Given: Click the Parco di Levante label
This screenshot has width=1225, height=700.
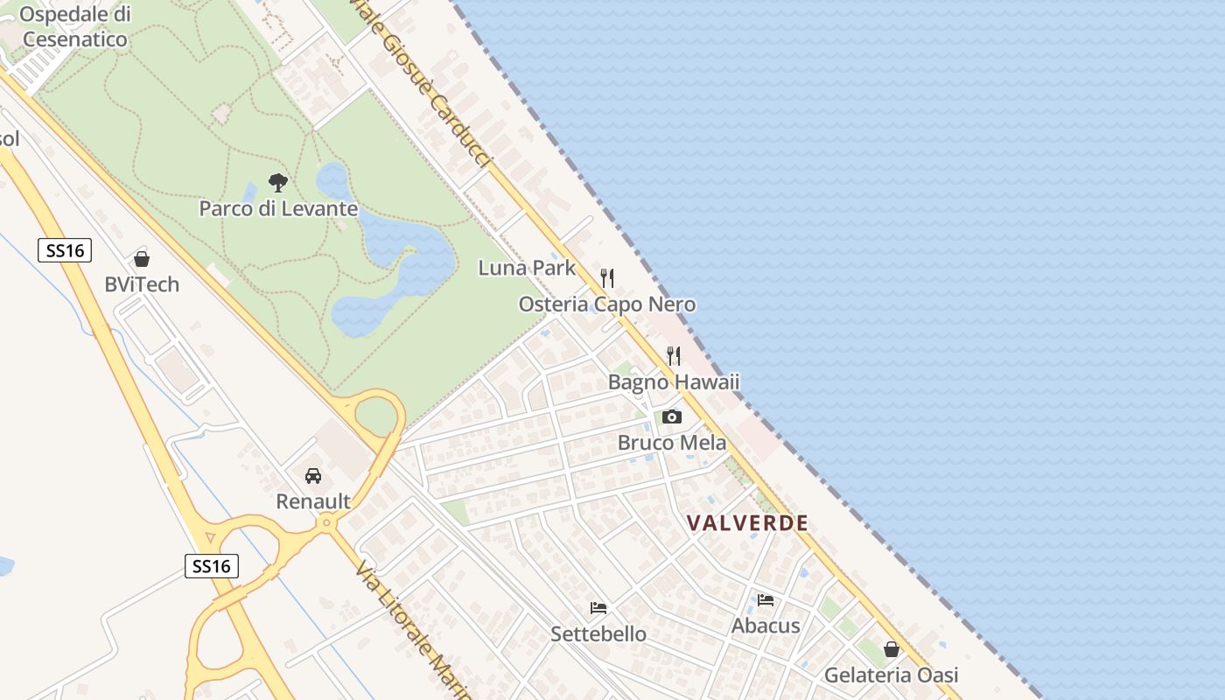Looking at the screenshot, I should point(278,208).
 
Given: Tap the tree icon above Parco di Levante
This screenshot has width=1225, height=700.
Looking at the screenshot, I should point(278,183).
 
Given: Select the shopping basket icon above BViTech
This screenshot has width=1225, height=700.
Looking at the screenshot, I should point(142,259).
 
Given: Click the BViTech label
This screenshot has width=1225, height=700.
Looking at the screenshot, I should point(142,284).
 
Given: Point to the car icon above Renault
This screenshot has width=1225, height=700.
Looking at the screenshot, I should point(313,476).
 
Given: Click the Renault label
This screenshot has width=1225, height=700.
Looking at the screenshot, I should point(313,501).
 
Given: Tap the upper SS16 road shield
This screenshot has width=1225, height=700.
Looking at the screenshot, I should point(66,250).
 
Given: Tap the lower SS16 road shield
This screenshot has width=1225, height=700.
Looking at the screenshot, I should point(212,565).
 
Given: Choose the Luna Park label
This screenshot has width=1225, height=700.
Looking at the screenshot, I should point(527,268).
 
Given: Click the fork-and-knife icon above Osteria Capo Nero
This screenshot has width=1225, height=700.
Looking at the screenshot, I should point(607,278).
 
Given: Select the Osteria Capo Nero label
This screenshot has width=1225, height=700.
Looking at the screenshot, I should point(607,304).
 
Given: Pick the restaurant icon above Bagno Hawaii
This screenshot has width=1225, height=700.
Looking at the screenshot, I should point(674,356).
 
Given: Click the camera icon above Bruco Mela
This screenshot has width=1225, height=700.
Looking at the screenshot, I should point(671,416).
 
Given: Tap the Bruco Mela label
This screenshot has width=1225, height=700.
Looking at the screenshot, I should point(671,443).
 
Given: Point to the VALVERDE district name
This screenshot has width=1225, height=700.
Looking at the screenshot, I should point(747,523).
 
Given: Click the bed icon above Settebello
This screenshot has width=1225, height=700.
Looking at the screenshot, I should point(598,607).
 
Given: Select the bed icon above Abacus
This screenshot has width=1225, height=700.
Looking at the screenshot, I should point(766,600).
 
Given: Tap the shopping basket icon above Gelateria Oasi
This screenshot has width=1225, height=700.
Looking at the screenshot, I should point(892,649).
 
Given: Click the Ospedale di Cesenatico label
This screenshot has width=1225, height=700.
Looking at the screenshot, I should point(75,27).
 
